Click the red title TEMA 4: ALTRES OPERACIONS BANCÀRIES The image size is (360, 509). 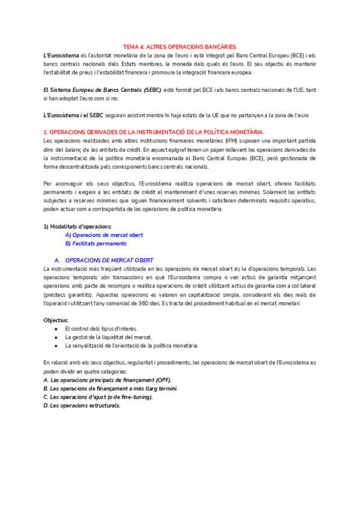tap(179, 46)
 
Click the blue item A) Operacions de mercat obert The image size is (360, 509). tap(104, 235)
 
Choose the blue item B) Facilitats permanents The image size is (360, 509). tap(96, 244)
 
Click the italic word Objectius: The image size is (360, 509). tap(56, 320)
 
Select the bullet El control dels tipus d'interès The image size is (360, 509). tap(101, 328)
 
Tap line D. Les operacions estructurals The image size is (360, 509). tap(82, 405)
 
